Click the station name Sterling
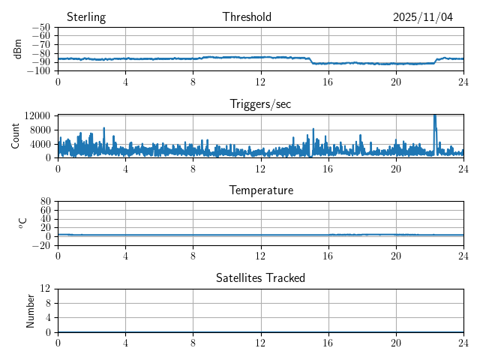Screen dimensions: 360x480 pos(85,17)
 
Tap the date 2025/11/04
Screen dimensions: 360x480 pos(423,17)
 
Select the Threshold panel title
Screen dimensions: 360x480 pos(247,17)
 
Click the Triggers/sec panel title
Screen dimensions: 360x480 pos(260,104)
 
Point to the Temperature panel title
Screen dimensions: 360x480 pos(260,190)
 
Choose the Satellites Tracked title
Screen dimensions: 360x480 pos(260,278)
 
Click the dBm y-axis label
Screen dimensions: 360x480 pos(19,49)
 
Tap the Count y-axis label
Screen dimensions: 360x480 pos(16,136)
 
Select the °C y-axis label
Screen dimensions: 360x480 pos(22,223)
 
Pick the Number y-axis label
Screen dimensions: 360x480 pos(31,310)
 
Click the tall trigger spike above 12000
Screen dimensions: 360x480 pos(435,118)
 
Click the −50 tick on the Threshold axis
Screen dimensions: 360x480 pos(41,28)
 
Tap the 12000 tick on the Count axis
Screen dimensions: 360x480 pos(37,115)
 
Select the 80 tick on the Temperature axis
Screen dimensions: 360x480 pos(46,202)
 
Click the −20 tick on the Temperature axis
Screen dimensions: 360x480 pos(42,245)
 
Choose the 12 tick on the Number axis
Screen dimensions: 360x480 pos(46,289)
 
